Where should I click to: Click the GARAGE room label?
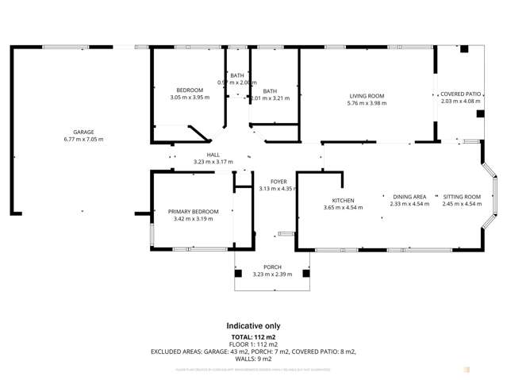(x=84, y=132)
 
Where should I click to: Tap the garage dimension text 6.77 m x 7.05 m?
(x=84, y=139)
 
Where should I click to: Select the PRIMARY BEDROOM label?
(x=193, y=211)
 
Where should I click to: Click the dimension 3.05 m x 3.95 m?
(x=190, y=98)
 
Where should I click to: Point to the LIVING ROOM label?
(x=366, y=96)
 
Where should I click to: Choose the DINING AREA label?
(x=409, y=197)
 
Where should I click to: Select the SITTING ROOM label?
(x=462, y=197)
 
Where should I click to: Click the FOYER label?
(x=278, y=181)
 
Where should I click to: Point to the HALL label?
(x=213, y=155)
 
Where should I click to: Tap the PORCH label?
(x=272, y=267)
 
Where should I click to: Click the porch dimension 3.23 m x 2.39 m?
(x=272, y=274)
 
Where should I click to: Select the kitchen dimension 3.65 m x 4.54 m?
(x=343, y=207)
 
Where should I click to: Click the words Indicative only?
(x=253, y=326)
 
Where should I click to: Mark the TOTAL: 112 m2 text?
(x=253, y=336)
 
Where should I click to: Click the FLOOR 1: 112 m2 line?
(x=253, y=344)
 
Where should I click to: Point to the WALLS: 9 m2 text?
(x=253, y=358)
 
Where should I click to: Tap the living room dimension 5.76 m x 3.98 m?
(x=366, y=103)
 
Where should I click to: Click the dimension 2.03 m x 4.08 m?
(x=460, y=101)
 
